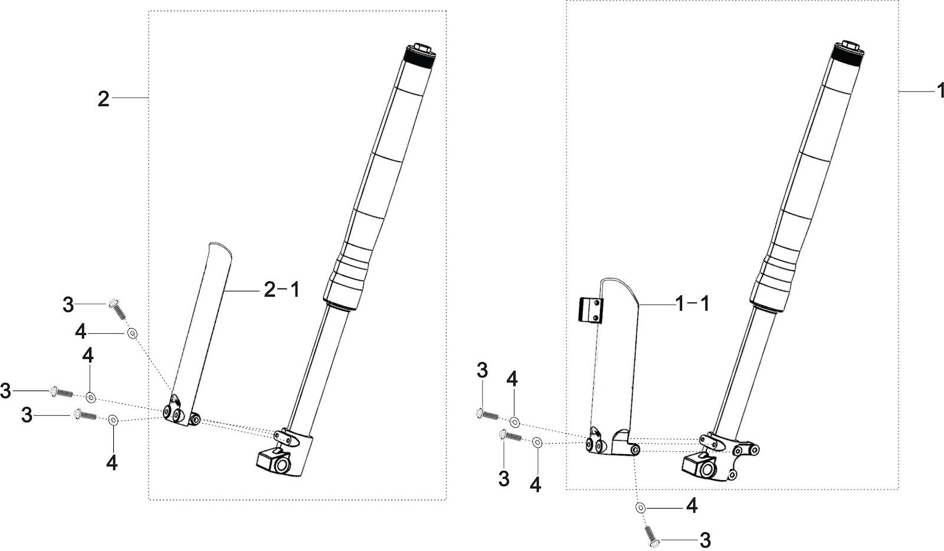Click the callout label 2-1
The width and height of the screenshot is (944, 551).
tap(281, 290)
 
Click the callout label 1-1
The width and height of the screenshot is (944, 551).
tap(691, 304)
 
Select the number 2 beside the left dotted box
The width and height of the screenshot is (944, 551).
tap(103, 99)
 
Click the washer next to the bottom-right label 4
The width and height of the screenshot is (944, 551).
tap(641, 507)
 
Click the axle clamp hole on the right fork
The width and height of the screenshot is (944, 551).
tap(706, 470)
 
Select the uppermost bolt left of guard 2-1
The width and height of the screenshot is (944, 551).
tap(117, 308)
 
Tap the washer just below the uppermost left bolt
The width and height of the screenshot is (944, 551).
tap(132, 334)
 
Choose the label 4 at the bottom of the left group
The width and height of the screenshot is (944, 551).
tap(112, 463)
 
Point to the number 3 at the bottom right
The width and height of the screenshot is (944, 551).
tap(704, 540)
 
